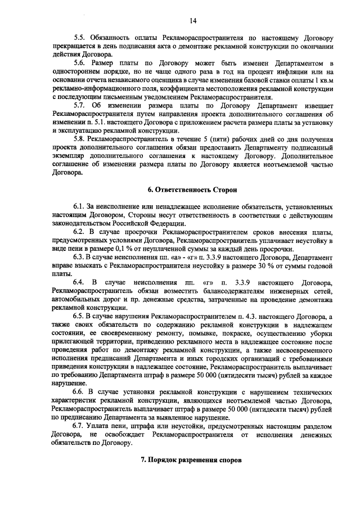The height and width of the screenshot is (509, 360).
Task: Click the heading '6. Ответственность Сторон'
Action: tap(192, 191)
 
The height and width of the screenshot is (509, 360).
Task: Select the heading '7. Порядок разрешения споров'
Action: tap(192, 460)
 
